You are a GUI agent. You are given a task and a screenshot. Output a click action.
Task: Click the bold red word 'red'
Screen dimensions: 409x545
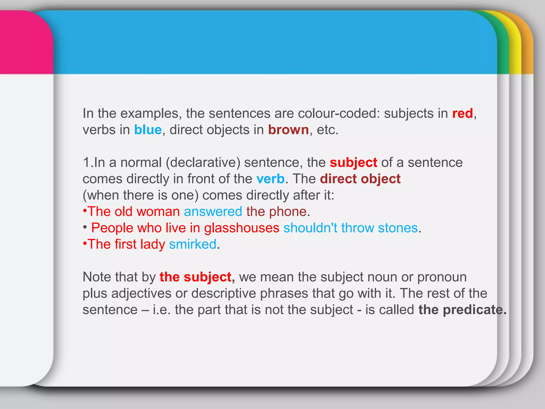click(462, 113)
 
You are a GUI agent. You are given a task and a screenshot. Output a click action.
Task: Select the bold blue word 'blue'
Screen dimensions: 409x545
click(148, 130)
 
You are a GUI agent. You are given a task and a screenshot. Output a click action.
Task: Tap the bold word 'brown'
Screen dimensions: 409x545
click(288, 130)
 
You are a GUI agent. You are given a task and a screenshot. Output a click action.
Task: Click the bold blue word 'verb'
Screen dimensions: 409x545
click(270, 179)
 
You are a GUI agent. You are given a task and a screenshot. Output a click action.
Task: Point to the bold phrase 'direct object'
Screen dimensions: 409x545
click(360, 179)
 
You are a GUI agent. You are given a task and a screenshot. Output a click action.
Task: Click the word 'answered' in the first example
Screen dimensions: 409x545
click(213, 212)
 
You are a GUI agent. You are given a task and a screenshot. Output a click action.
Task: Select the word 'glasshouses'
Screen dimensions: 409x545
click(242, 228)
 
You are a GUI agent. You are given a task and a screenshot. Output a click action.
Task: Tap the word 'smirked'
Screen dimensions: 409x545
click(193, 244)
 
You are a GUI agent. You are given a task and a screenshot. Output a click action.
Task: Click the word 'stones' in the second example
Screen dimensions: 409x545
click(398, 228)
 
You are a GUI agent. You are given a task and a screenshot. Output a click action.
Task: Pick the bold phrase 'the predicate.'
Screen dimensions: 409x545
click(462, 310)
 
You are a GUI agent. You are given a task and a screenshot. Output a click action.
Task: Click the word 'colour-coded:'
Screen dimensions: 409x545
click(339, 113)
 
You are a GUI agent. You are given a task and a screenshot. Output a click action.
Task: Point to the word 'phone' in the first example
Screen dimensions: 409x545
click(288, 212)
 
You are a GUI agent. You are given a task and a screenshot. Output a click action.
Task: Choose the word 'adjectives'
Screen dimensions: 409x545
click(141, 293)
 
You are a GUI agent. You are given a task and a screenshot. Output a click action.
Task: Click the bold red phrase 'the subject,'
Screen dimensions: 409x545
click(197, 277)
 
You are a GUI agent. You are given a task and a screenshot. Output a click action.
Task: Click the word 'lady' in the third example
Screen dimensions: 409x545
click(153, 244)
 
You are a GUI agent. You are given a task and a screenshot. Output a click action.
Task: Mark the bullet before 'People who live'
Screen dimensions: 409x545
click(85, 227)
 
